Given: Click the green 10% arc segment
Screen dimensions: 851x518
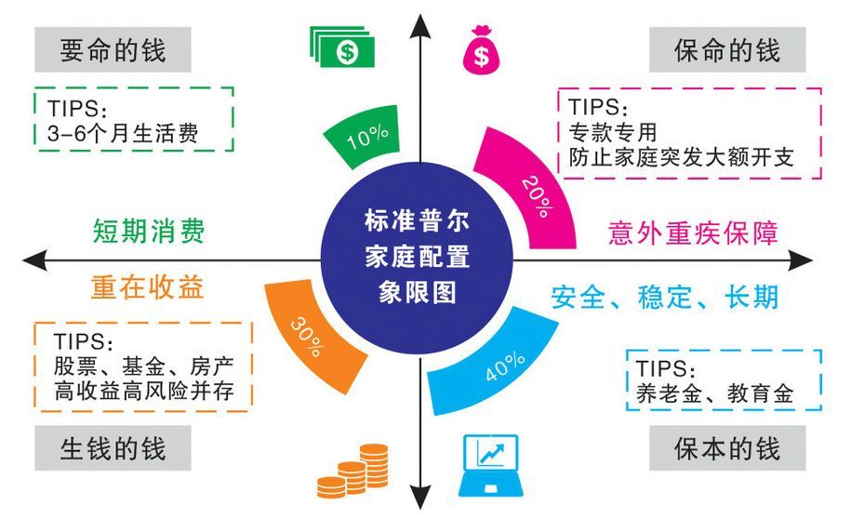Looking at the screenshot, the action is (x=363, y=136).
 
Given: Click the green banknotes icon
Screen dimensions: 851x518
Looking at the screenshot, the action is (x=342, y=46).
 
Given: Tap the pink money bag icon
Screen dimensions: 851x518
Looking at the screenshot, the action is (x=481, y=50).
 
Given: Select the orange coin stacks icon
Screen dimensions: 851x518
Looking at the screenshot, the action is (x=353, y=471).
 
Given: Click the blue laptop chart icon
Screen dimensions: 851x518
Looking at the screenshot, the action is (x=491, y=465).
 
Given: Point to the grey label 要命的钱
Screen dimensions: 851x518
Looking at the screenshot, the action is (x=113, y=50).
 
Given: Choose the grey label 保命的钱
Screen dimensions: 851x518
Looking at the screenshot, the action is (x=727, y=50).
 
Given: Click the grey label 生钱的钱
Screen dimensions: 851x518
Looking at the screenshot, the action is (x=113, y=448).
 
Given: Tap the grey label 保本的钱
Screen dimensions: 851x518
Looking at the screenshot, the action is (x=727, y=448).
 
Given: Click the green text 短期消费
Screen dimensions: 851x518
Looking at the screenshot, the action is (x=149, y=232).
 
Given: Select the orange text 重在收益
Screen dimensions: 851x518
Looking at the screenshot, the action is (x=148, y=287).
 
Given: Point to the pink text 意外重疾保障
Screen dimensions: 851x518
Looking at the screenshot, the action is (x=693, y=232).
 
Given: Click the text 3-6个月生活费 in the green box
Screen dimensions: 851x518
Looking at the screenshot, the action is (x=123, y=133).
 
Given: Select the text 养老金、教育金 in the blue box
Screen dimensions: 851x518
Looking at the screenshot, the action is (x=715, y=393).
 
